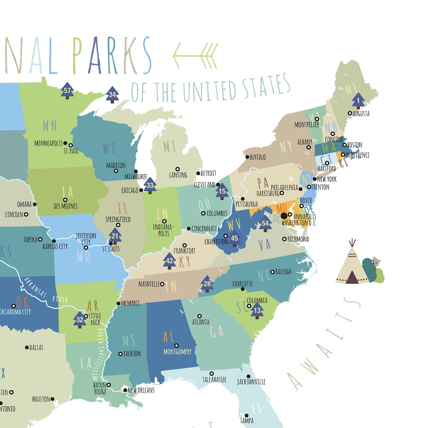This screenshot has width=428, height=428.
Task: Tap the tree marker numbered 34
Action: [112, 95]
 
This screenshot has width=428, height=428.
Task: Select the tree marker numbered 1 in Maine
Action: [358, 101]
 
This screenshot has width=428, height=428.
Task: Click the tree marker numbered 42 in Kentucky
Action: [170, 261]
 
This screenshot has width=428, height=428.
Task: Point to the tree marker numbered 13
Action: [257, 310]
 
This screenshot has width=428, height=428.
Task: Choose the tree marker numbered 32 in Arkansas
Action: [80, 319]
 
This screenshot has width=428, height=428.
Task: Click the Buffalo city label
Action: [258, 157]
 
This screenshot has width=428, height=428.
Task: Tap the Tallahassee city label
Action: [214, 380]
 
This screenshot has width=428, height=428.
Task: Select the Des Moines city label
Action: [66, 206]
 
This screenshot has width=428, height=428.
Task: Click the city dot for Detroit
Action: [198, 173]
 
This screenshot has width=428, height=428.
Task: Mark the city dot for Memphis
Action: [119, 303]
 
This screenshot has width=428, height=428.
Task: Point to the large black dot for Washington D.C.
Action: [284, 216]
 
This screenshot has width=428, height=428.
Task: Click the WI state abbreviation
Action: [109, 148]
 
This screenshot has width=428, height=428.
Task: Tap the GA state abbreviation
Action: [217, 331]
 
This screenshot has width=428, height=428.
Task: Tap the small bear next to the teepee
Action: [376, 262]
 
